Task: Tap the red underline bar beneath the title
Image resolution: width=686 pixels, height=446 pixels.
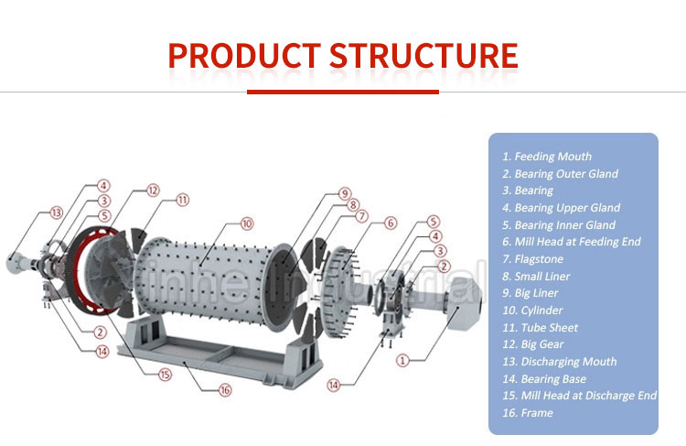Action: pyautogui.click(x=342, y=92)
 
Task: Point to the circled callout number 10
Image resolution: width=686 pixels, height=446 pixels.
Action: pyautogui.click(x=246, y=223)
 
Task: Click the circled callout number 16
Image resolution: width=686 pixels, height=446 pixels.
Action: pyautogui.click(x=225, y=390)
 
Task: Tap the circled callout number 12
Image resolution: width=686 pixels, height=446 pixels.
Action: pyautogui.click(x=153, y=190)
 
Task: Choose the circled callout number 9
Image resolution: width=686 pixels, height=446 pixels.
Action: pyautogui.click(x=344, y=193)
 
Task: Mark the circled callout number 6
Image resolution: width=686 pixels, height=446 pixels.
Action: pyautogui.click(x=391, y=223)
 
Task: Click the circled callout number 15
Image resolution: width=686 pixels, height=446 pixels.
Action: pyautogui.click(x=165, y=374)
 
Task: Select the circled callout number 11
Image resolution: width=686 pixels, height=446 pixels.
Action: pyautogui.click(x=183, y=200)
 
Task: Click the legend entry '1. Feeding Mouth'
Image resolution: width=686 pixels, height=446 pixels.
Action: pyautogui.click(x=546, y=157)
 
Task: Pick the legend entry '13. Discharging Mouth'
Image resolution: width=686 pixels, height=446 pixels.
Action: pyautogui.click(x=559, y=362)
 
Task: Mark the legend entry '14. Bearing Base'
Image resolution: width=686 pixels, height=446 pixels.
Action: pyautogui.click(x=543, y=379)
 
